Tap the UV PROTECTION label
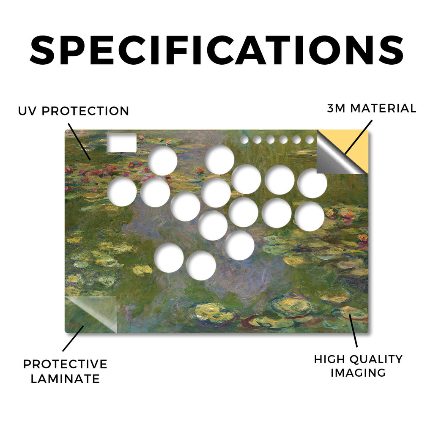pos(74,111)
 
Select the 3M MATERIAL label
pos(372,108)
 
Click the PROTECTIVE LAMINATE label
pos(65,371)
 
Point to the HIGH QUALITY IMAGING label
pos(358,366)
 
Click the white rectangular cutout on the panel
pos(121,143)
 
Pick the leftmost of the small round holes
pos(244,140)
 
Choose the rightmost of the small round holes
pos(310,140)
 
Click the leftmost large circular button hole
pos(122,192)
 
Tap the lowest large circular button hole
pos(201,266)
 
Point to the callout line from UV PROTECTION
pos(79,142)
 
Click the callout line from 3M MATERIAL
pos(358,137)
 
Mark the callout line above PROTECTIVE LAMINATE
pos(73,339)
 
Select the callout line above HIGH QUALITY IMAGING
pos(353,331)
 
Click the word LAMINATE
pos(65,378)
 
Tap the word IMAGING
pos(358,373)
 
